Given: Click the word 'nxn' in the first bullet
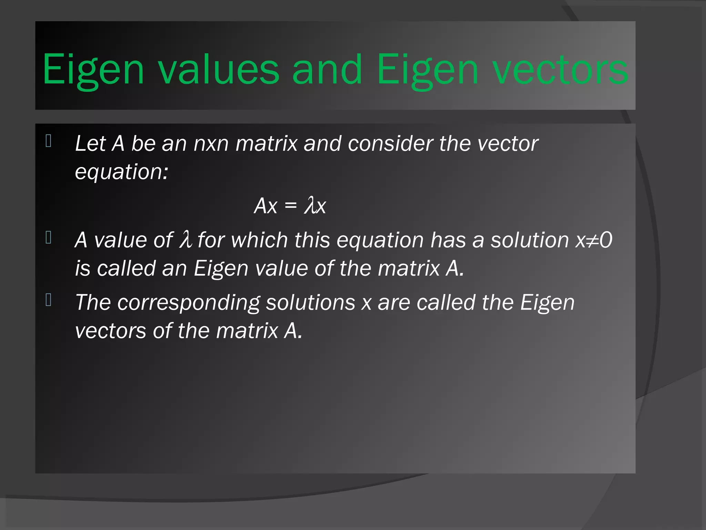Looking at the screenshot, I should (211, 144).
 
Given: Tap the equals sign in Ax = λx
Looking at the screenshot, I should (291, 206).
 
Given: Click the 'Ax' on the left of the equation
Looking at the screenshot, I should (266, 206).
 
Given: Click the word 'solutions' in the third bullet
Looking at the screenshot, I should (310, 303).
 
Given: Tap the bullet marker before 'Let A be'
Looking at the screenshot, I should (49, 141).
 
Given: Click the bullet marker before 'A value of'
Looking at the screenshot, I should (49, 237).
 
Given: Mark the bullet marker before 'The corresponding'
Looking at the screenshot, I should (49, 300).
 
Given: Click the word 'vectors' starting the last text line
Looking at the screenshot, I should (110, 331).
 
